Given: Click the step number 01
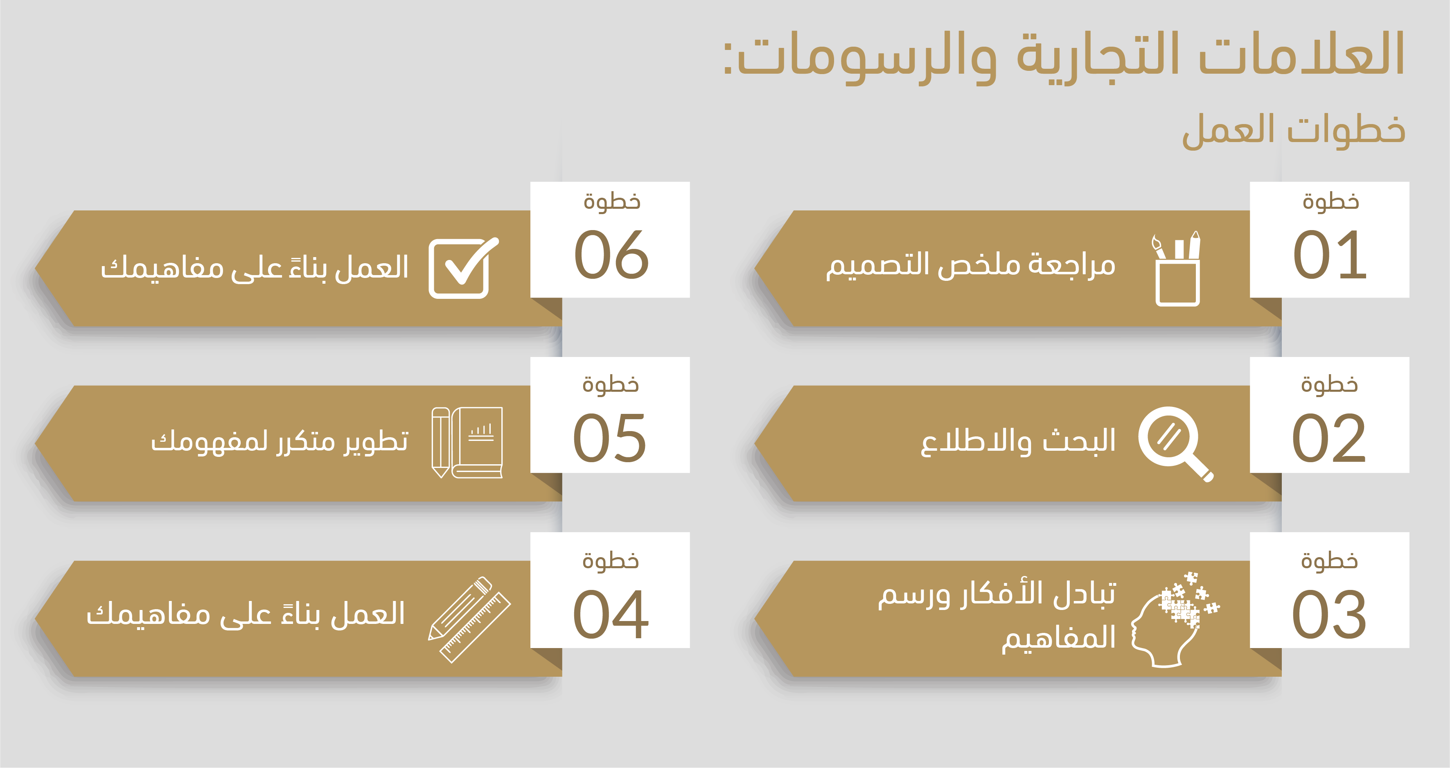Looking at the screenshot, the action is [x=1330, y=255].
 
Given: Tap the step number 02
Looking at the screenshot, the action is [x=1328, y=438].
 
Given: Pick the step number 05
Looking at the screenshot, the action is [x=610, y=438].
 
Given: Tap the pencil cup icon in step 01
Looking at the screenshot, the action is [x=1177, y=269].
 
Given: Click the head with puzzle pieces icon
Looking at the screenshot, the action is [x=1175, y=619].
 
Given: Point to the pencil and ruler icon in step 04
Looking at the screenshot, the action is [x=469, y=619].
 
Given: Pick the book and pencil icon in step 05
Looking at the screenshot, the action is [x=467, y=443].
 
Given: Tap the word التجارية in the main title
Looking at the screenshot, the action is [x=1098, y=54].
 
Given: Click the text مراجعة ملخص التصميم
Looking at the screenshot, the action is [x=970, y=264].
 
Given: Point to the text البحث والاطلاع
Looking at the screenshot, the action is [x=1018, y=441].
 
